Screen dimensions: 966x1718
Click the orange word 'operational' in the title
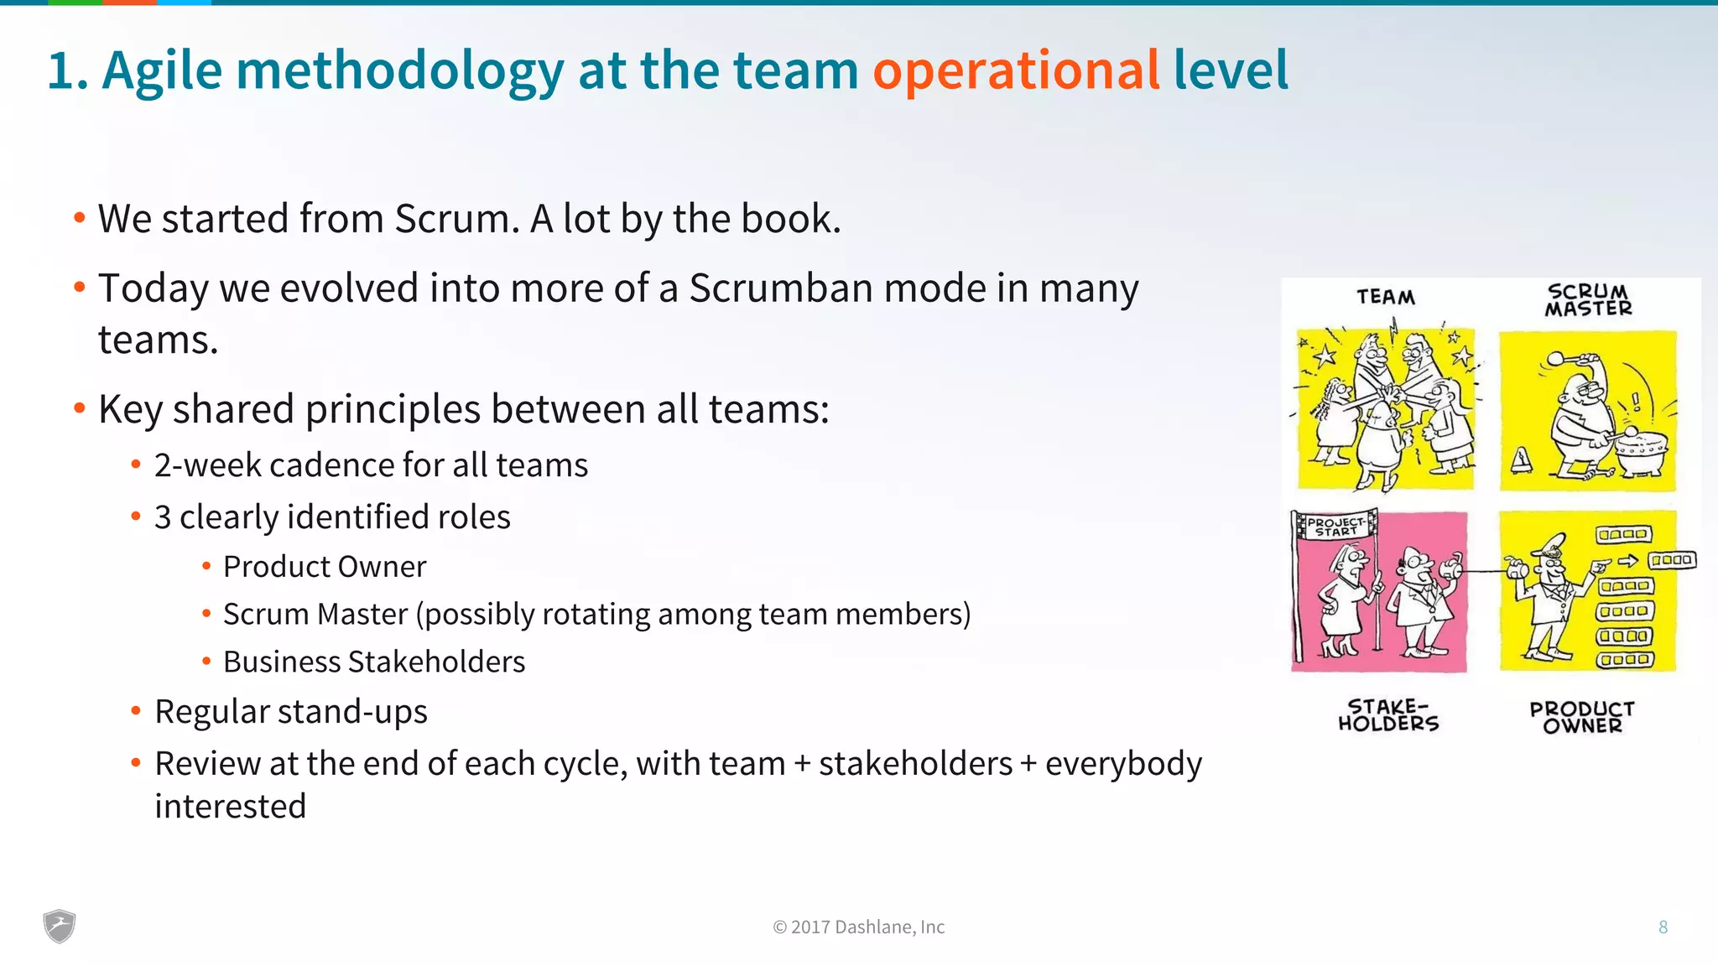(1016, 70)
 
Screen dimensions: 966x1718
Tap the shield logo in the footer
(60, 926)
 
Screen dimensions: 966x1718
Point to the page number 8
(1663, 927)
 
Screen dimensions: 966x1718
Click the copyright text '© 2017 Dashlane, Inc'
(858, 927)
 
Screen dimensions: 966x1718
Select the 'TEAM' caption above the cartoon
(1386, 297)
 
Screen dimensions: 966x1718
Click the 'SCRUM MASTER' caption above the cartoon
(1588, 300)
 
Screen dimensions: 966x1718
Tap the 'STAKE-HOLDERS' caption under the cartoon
(1388, 715)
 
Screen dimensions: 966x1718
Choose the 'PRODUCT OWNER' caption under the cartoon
(1582, 718)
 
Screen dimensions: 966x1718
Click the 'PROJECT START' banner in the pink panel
(1335, 526)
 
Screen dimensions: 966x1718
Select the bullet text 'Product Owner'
(325, 567)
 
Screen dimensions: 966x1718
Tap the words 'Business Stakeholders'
(374, 662)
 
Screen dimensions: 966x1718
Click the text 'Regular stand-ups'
(291, 712)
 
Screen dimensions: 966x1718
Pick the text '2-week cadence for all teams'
(371, 465)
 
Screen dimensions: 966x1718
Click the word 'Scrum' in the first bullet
(452, 219)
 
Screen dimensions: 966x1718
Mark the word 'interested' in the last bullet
(231, 807)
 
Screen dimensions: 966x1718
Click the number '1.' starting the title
(67, 70)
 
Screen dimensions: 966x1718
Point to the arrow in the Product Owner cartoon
(1627, 561)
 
